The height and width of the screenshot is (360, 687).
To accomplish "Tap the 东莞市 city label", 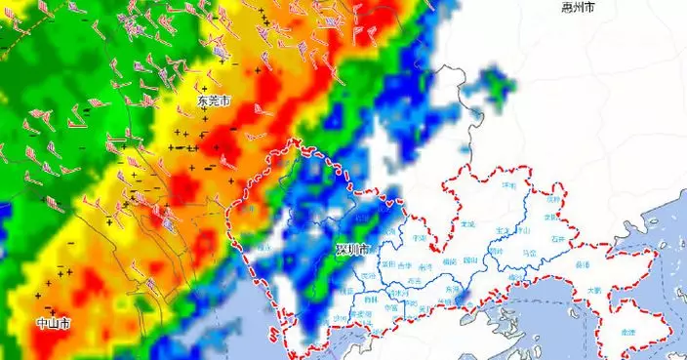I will coord(214,100).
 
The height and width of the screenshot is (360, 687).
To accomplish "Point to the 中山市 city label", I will coord(53,323).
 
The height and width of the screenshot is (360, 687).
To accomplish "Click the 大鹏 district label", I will coord(593,292).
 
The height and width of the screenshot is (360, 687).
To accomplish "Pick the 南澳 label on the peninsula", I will coord(627,333).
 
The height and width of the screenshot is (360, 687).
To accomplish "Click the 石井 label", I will coord(557,237).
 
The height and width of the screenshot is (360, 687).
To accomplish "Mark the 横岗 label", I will coord(449,261).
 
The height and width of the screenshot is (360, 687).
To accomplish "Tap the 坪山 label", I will coord(524,231).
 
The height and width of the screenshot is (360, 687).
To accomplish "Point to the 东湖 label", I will coord(451,289).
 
